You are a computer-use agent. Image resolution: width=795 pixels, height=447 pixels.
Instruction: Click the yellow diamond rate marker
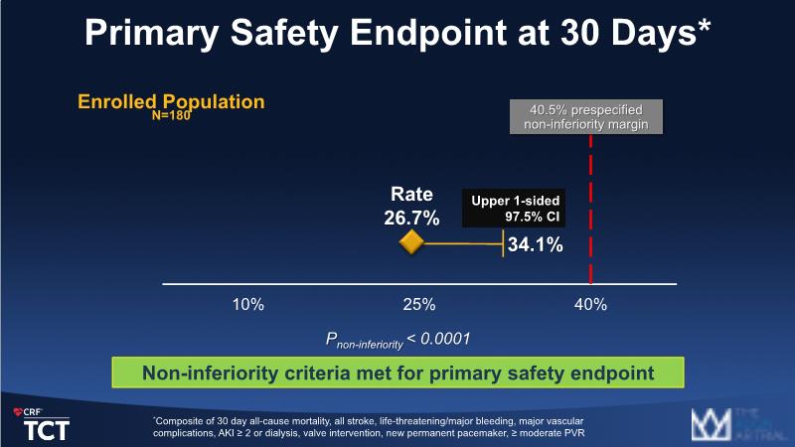pyautogui.click(x=411, y=243)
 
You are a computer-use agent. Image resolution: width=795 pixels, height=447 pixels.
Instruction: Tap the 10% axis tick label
pyautogui.click(x=246, y=304)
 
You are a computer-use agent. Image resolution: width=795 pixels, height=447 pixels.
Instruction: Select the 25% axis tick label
pyautogui.click(x=418, y=304)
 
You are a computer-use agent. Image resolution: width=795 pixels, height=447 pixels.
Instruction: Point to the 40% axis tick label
pyautogui.click(x=591, y=304)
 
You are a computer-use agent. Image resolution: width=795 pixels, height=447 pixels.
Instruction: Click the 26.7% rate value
pyautogui.click(x=411, y=217)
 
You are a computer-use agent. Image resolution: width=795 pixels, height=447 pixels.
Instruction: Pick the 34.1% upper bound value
pyautogui.click(x=537, y=244)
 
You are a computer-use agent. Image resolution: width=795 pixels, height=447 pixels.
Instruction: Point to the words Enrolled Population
pyautogui.click(x=171, y=101)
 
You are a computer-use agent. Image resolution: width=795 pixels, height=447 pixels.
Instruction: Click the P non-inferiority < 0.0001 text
pyautogui.click(x=397, y=339)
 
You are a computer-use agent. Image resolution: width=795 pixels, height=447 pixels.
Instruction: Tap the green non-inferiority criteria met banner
pyautogui.click(x=397, y=373)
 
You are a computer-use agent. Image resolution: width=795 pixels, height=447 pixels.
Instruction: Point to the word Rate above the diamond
pyautogui.click(x=411, y=196)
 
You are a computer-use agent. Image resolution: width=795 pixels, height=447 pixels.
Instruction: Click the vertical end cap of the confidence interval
pyautogui.click(x=503, y=244)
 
